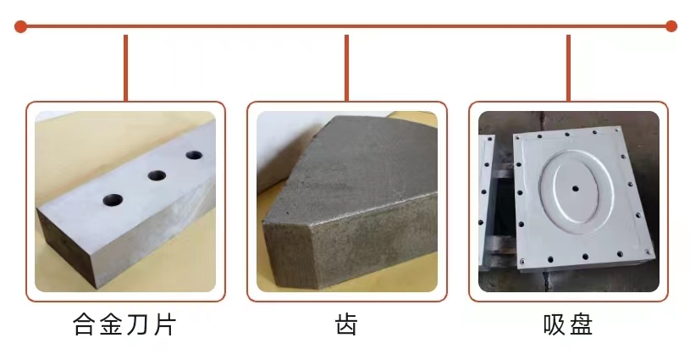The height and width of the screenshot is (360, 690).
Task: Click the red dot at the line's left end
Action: pos(20,26)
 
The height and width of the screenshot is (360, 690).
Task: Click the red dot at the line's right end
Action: pos(671,26)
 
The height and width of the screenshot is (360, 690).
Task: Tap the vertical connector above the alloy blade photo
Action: pos(126,68)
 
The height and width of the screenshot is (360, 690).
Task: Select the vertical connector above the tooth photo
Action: pos(347,68)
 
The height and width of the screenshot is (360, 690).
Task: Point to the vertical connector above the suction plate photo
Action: pos(568,68)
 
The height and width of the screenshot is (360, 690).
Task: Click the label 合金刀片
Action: pos(125,324)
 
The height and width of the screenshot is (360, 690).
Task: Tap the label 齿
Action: pos(347,324)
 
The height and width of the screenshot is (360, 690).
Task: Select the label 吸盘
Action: pos(568,324)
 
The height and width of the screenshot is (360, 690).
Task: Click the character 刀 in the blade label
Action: pos(139,324)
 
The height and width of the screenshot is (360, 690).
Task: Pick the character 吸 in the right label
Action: pos(555,324)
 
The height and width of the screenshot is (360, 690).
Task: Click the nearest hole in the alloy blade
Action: pos(113,200)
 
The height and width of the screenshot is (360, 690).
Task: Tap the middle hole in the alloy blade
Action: pos(157,175)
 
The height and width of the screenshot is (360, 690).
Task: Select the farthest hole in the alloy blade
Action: pos(194,155)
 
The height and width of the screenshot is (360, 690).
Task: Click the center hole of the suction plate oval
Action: pos(575,189)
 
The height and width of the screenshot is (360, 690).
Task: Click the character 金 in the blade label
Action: pos(112,324)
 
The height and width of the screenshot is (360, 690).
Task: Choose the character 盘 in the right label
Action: pos(581,324)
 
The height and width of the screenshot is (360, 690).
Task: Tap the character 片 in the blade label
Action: pos(165,324)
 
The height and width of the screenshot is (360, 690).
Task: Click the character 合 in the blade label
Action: pos(85,324)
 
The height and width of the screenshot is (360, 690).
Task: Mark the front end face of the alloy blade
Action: pos(69,249)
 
